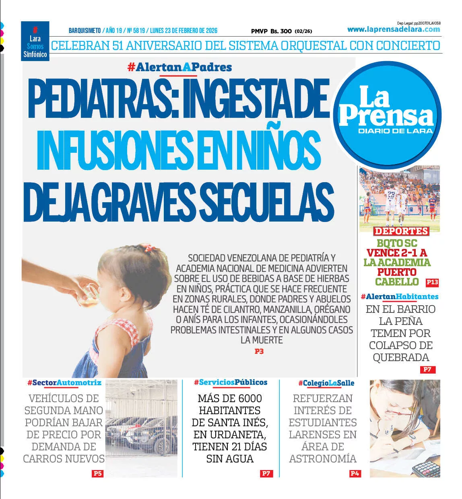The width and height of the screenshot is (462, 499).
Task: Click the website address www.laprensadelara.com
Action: point(394,29)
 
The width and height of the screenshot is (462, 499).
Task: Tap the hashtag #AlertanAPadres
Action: point(179,67)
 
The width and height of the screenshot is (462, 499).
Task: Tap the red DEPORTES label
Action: point(401,231)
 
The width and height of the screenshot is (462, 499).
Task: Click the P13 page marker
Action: point(432,282)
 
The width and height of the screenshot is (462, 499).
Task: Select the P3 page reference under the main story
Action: point(259,351)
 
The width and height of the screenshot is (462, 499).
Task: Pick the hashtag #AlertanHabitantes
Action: point(400,297)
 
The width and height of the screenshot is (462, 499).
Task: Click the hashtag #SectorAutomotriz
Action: point(64,383)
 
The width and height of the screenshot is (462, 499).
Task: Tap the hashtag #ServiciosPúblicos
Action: point(231,382)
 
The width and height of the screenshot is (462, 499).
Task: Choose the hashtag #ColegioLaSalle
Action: point(326,383)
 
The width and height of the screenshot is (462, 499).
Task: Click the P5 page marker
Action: point(97,473)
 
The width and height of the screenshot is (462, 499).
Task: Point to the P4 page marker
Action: point(355,473)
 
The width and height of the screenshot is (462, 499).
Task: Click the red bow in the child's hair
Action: point(149,248)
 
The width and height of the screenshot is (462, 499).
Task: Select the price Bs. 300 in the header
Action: point(281,31)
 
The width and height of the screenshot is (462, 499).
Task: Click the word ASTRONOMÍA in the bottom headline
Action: point(323,458)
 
